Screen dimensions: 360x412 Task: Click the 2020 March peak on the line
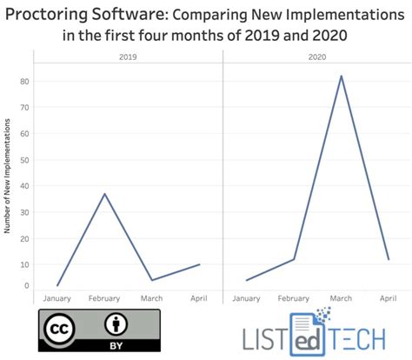coord(341,76)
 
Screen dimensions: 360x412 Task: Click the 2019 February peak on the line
coord(105,193)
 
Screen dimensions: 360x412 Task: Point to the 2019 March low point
coord(152,280)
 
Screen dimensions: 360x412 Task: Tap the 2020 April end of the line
coord(388,259)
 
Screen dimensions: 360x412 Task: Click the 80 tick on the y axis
coord(25,81)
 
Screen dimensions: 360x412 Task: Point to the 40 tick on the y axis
coord(25,186)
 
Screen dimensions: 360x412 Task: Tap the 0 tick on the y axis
coord(27,285)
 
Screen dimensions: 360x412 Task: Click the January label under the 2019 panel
coord(57,298)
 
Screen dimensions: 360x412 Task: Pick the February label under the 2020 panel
coord(293,298)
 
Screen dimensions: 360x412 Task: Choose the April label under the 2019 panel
coord(200,298)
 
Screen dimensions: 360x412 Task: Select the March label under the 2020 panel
coord(341,298)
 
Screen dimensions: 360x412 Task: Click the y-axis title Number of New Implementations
coord(8,182)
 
